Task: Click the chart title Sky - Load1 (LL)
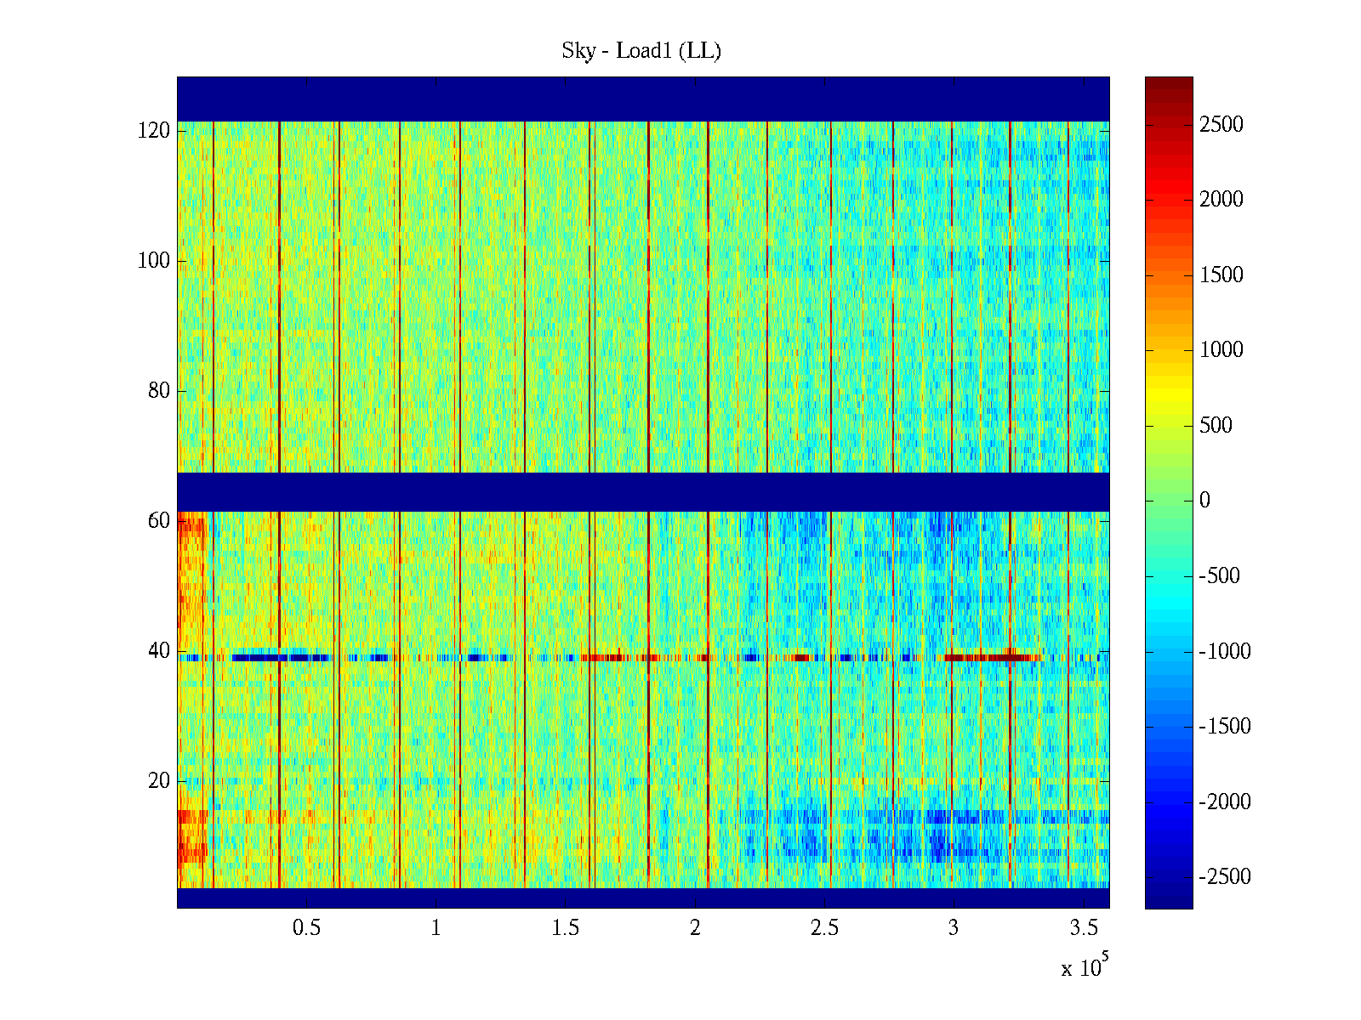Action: click(x=641, y=51)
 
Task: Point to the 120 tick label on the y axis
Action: click(x=154, y=131)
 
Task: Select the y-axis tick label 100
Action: click(x=154, y=261)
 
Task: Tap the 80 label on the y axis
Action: click(x=159, y=391)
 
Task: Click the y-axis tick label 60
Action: click(x=159, y=521)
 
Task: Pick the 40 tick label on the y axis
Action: click(x=159, y=651)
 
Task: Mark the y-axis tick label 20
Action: click(x=159, y=781)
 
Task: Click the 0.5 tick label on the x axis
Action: click(x=306, y=928)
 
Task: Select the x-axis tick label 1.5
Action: click(x=565, y=928)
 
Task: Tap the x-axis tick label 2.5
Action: click(x=824, y=928)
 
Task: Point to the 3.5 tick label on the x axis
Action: click(x=1083, y=928)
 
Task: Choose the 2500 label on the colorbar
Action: click(x=1221, y=125)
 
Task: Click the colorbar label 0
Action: click(x=1204, y=501)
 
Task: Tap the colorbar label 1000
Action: click(x=1221, y=350)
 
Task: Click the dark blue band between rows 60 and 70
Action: click(x=643, y=491)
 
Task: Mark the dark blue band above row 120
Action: click(x=643, y=99)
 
